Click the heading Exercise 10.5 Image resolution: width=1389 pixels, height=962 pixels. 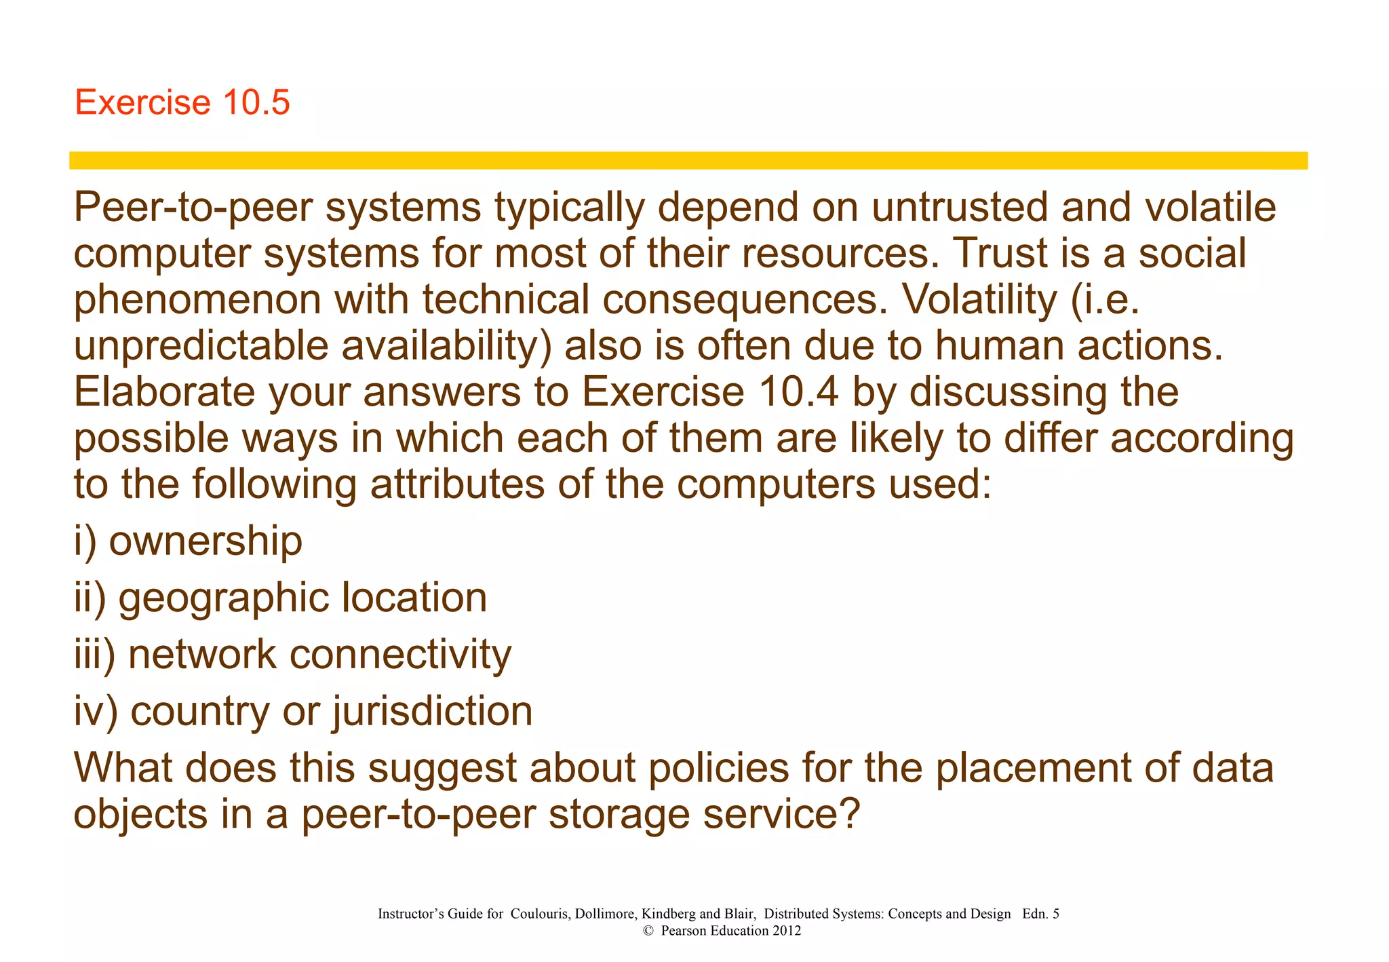(x=182, y=102)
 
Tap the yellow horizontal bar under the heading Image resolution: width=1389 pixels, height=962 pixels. (x=688, y=160)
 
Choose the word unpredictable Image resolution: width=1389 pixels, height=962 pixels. (x=201, y=346)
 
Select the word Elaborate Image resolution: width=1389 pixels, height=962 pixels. (x=163, y=392)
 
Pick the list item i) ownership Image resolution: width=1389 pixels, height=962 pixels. (x=188, y=541)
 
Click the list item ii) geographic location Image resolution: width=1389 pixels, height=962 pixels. (x=280, y=598)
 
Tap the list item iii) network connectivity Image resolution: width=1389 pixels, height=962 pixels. (x=292, y=655)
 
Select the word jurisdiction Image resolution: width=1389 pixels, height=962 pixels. (x=432, y=712)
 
